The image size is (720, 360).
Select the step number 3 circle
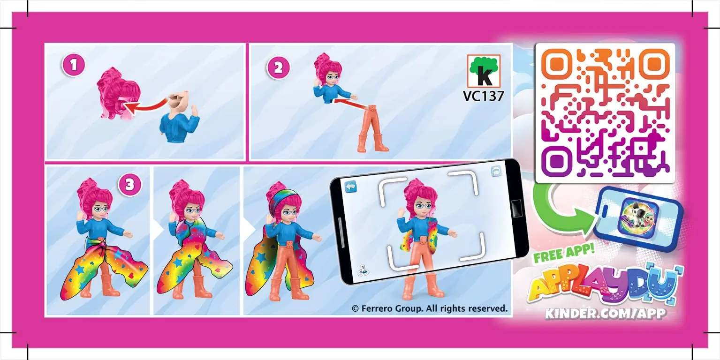[129, 184]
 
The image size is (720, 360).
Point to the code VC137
[483, 96]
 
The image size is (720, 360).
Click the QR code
[605, 113]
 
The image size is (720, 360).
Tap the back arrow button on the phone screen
[350, 187]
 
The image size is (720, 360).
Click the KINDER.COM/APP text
[605, 313]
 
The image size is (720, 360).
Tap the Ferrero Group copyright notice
[429, 308]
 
